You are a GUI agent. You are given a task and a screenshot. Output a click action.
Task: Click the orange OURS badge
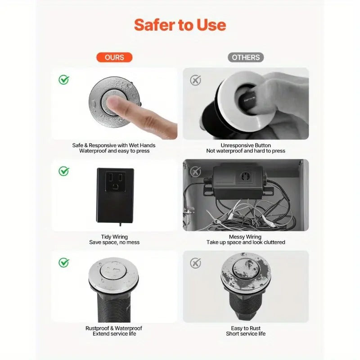click(x=114, y=57)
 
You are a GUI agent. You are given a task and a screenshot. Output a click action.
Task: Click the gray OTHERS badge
click(x=246, y=57)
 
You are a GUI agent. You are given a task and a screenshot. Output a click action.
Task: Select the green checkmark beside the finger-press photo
click(x=64, y=80)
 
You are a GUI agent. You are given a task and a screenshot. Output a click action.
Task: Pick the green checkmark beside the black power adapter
click(x=64, y=171)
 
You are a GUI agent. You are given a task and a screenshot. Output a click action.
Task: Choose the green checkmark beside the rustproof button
click(x=64, y=262)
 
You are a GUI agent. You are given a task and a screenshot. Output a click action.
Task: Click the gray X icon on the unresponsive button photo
click(x=195, y=80)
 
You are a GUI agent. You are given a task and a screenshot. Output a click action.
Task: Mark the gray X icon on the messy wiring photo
click(x=195, y=171)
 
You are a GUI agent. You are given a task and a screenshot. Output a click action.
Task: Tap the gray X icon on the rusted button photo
click(x=195, y=263)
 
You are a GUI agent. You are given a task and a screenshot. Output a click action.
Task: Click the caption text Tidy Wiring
click(x=114, y=237)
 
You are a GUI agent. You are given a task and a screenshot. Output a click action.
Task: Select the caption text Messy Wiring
click(x=246, y=237)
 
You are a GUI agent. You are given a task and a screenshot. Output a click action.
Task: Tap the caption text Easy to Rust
click(x=246, y=328)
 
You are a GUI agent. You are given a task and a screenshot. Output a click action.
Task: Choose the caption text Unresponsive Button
click(x=246, y=145)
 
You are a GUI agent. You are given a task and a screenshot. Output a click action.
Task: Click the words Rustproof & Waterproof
click(x=114, y=328)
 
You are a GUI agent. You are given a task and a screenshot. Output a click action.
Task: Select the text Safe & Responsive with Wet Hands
click(x=114, y=145)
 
